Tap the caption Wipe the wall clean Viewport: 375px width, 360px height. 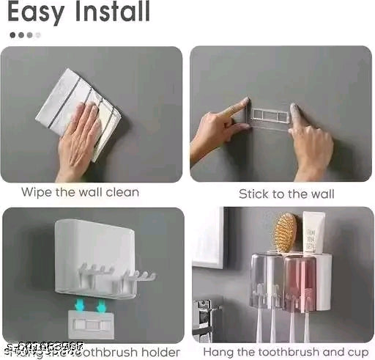(x=80, y=193)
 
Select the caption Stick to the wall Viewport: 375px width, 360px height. (x=286, y=194)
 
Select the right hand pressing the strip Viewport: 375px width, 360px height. (x=311, y=143)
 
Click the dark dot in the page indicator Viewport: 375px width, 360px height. (x=12, y=34)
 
